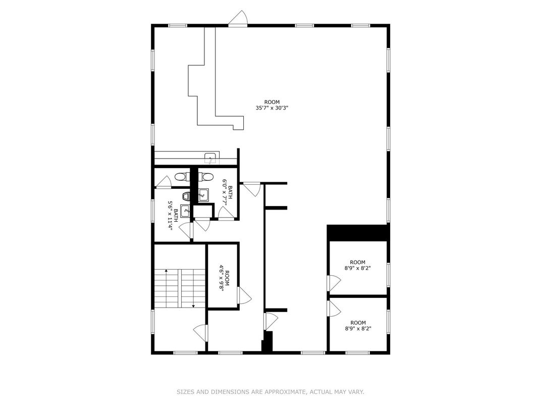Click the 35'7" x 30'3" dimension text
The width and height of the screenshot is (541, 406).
point(272,108)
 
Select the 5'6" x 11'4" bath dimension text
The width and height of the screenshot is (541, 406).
point(171,216)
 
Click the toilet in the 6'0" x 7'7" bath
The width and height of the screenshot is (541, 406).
point(207,177)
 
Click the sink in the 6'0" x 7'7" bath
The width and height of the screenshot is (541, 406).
point(203,195)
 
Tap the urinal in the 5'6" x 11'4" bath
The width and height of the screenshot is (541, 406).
point(186,196)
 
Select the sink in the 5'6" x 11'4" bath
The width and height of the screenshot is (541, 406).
point(185,211)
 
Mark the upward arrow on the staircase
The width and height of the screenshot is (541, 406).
point(167,288)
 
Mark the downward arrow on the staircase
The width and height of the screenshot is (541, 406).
point(194,289)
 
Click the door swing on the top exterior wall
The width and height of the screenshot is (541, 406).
point(238,18)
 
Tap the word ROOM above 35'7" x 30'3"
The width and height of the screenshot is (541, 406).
point(272,102)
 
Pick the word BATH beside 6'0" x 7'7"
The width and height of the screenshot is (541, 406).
point(230,192)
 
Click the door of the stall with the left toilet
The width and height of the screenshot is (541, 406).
point(164,182)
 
